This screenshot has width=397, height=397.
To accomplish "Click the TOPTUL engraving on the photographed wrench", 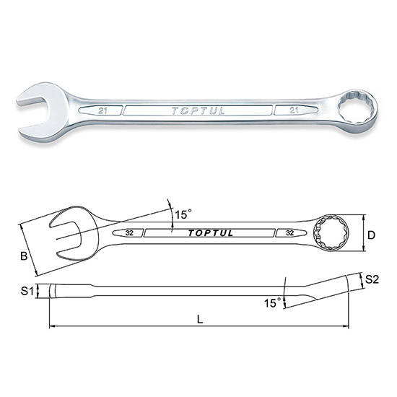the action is (198, 111).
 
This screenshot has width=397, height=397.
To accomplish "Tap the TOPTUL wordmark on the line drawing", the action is (210, 233).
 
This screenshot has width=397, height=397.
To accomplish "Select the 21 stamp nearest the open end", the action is (102, 111).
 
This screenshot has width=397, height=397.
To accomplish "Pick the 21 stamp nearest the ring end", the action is (294, 110).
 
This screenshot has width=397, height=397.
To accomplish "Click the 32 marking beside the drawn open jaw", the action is (129, 233).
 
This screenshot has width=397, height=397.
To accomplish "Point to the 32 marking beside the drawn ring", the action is (289, 232).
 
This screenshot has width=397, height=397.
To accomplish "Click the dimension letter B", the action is (24, 256).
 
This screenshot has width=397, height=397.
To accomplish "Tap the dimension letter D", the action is (371, 235).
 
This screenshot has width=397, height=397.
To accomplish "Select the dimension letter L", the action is (200, 320).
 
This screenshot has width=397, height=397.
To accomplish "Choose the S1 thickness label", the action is (27, 291).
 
